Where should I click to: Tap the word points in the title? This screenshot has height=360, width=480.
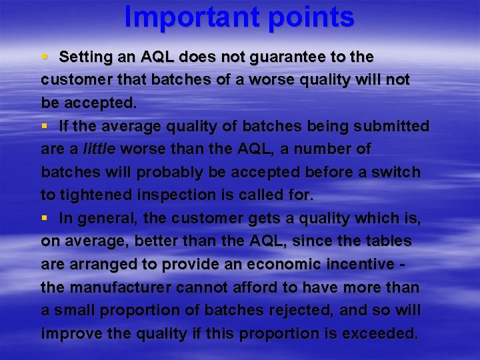tap(307, 18)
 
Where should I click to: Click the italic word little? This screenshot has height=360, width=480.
tap(95, 149)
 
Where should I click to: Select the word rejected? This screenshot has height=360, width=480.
tap(304, 311)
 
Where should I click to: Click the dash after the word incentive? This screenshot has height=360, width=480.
tap(408, 265)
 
